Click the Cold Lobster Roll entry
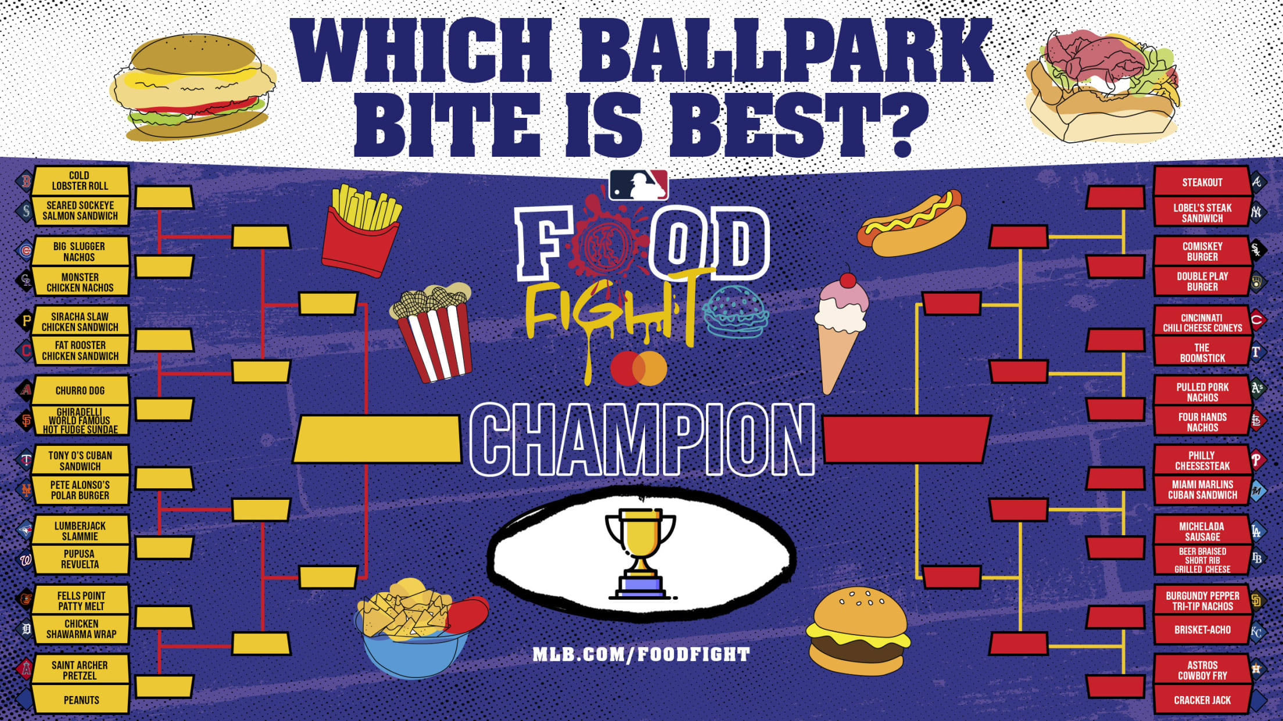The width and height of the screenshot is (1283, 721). pyautogui.click(x=80, y=181)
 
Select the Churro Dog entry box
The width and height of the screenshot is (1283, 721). pyautogui.click(x=80, y=390)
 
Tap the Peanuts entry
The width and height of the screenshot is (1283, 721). pyautogui.click(x=80, y=700)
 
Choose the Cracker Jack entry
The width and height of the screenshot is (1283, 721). pyautogui.click(x=1202, y=700)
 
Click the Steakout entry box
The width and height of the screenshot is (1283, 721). pyautogui.click(x=1202, y=182)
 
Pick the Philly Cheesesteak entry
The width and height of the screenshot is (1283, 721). pyautogui.click(x=1202, y=460)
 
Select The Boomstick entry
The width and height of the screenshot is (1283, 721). pyautogui.click(x=1202, y=352)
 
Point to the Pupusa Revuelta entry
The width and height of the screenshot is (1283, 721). pyautogui.click(x=80, y=559)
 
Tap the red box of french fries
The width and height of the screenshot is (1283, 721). pyautogui.click(x=361, y=230)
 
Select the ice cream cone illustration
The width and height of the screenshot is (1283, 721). pyautogui.click(x=841, y=329)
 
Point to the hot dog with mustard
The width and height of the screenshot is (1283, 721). pyautogui.click(x=911, y=223)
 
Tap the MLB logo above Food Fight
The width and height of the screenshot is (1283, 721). pyautogui.click(x=639, y=185)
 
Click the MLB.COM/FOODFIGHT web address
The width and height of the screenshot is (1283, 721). pyautogui.click(x=642, y=654)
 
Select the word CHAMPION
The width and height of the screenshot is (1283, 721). pyautogui.click(x=642, y=439)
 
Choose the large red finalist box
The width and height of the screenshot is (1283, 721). pyautogui.click(x=906, y=439)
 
